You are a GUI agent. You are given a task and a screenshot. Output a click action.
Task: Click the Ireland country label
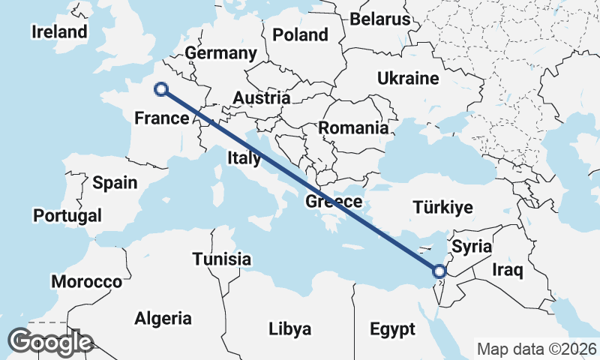(x=59, y=31)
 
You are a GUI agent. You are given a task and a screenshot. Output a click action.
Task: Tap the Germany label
(x=221, y=53)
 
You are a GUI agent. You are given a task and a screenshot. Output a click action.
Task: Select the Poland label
(x=300, y=34)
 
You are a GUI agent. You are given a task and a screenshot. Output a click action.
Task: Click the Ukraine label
(x=408, y=78)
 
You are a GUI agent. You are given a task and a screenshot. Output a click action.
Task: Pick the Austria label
(x=261, y=97)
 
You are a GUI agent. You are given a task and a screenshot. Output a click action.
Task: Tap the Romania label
(x=353, y=127)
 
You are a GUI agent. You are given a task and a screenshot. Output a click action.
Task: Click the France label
(x=161, y=118)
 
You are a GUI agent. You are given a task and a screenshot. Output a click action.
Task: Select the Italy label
(x=244, y=158)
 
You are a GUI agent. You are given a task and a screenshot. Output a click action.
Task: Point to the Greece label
(x=334, y=202)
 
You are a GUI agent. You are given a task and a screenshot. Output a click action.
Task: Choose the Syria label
(x=472, y=247)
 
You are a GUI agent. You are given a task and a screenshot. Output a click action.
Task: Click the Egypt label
(x=391, y=329)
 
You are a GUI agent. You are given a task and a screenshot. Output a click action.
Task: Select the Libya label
(x=289, y=329)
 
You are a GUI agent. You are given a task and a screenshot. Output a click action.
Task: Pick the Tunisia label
(x=221, y=259)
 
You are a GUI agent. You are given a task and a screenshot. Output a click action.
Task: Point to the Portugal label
(x=67, y=215)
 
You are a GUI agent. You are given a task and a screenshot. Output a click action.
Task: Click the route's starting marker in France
(x=160, y=89)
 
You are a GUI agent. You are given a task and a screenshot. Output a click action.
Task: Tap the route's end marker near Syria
(x=440, y=271)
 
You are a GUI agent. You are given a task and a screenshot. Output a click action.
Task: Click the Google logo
(x=50, y=342)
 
